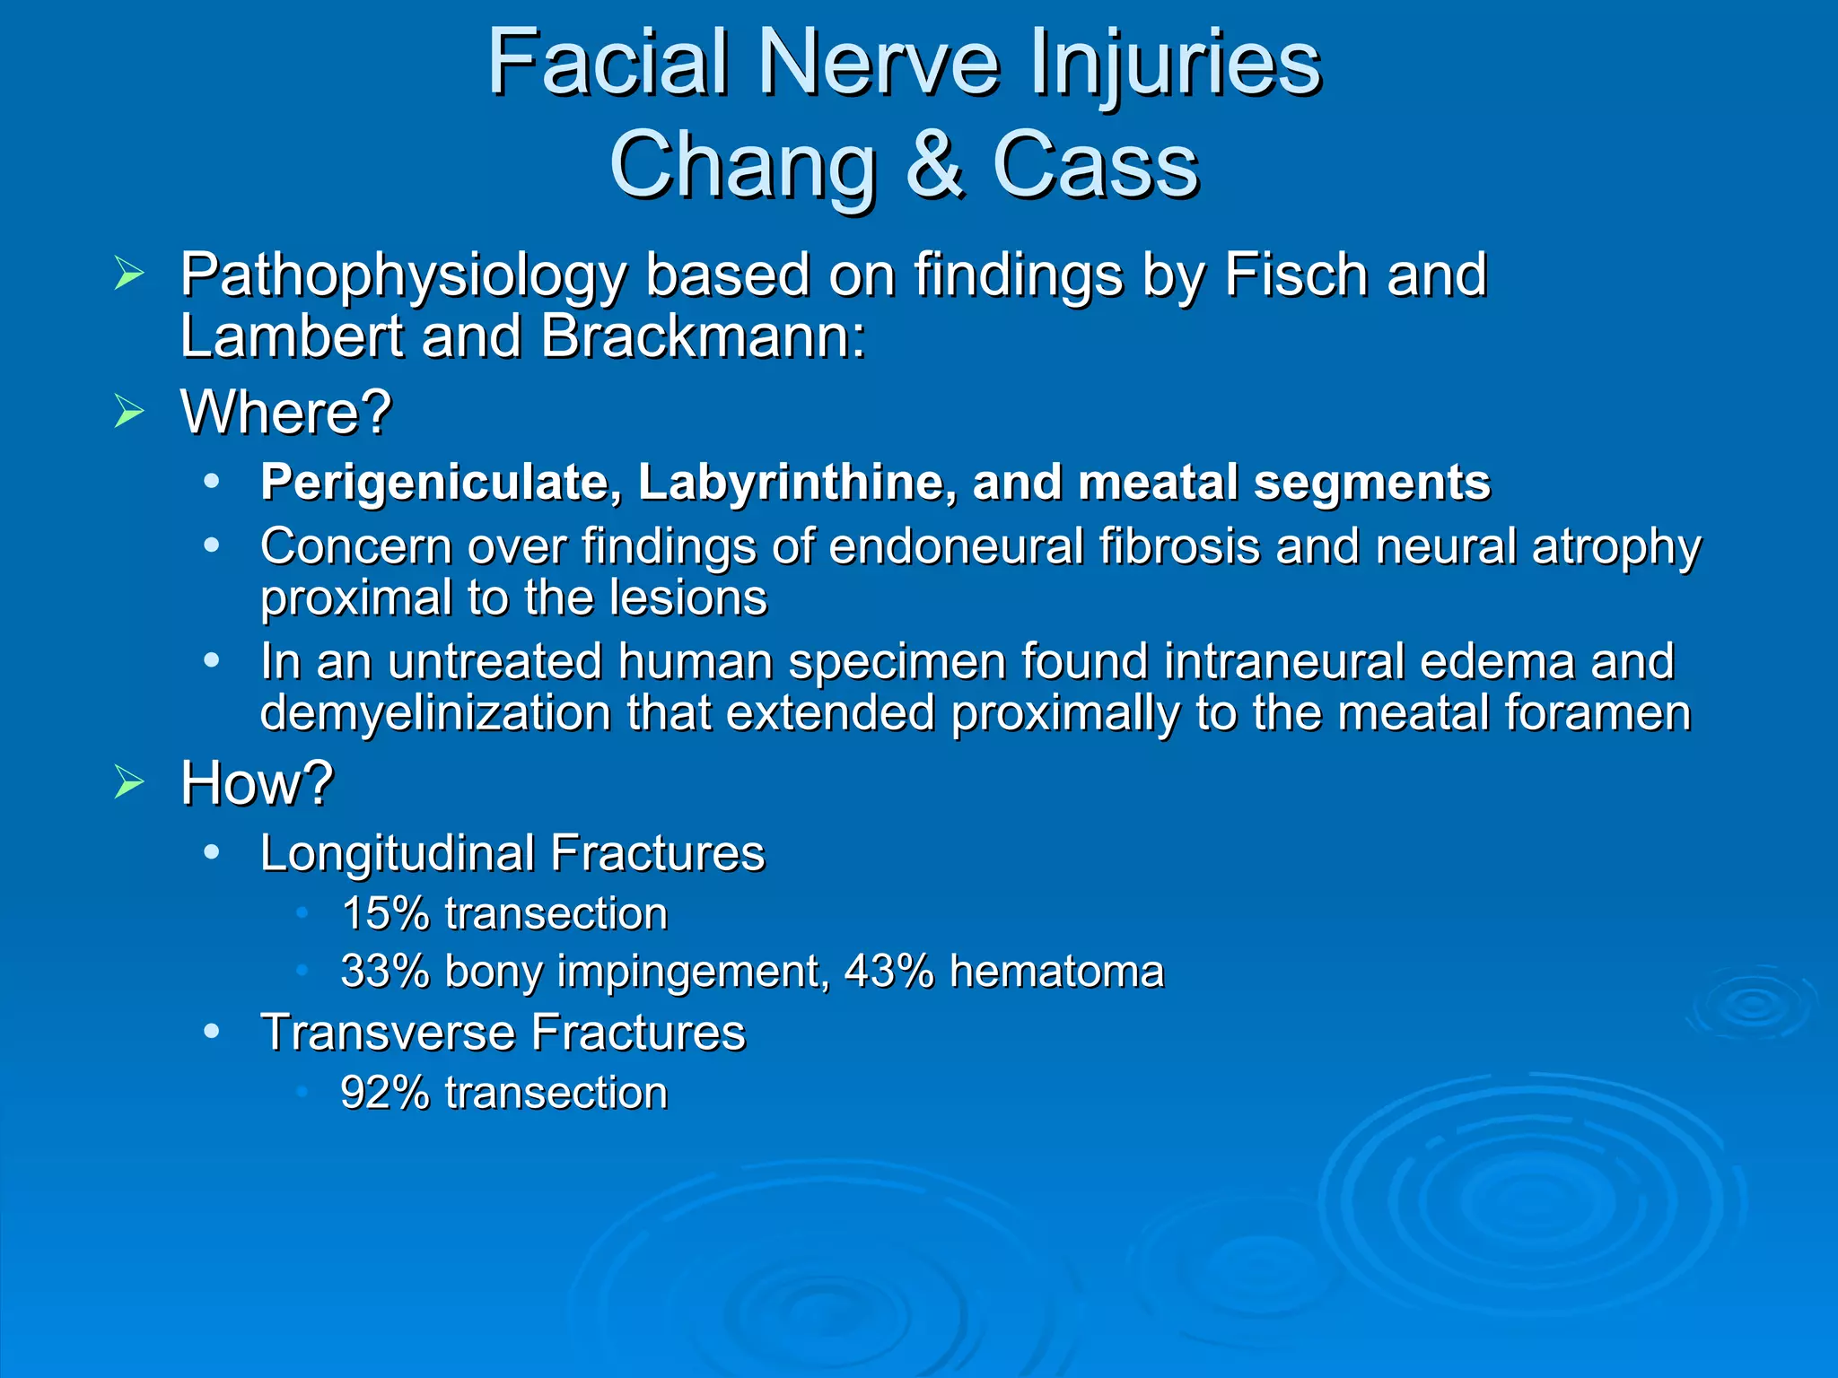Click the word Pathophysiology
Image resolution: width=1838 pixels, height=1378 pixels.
(402, 276)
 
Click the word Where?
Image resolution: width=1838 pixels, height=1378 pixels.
(286, 413)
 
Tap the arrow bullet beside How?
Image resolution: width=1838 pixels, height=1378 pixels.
(129, 783)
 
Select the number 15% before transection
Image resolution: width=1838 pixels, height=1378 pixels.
(385, 914)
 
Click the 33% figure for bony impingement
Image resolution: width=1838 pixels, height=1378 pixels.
(385, 972)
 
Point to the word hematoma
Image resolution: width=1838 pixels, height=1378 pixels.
(1056, 972)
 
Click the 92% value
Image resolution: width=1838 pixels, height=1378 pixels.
(385, 1094)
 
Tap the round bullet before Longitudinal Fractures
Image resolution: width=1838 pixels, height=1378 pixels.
(212, 852)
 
